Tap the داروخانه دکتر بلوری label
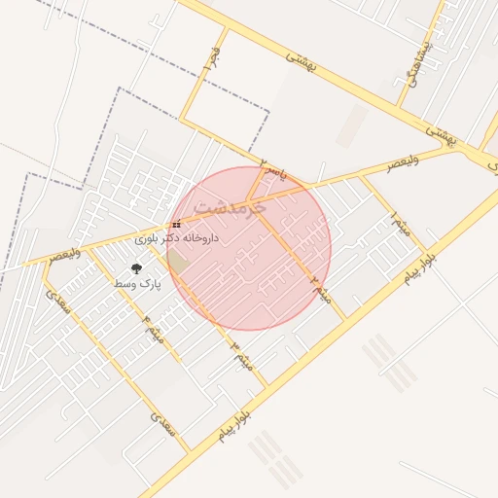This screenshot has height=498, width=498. (x=177, y=237)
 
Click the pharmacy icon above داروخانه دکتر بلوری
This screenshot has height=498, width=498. (x=176, y=225)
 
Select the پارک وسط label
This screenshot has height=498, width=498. (x=135, y=282)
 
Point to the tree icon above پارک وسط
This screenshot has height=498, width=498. (x=135, y=268)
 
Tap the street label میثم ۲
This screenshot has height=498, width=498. (x=321, y=289)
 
